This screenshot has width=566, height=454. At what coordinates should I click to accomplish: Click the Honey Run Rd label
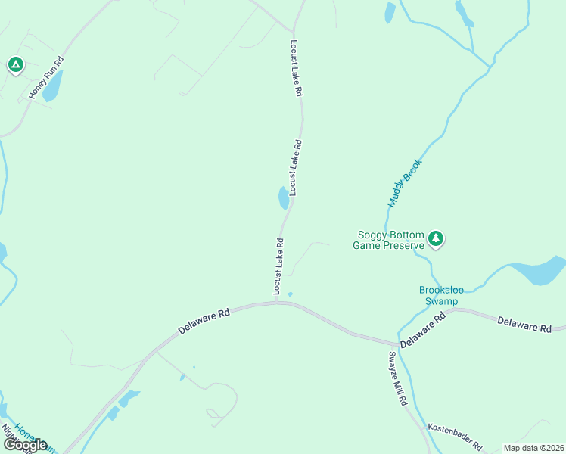[46, 79]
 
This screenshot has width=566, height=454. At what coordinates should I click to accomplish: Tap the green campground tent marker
[15, 65]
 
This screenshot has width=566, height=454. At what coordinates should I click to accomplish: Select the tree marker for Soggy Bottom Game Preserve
[436, 239]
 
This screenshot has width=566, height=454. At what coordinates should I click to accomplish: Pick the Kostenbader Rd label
[455, 437]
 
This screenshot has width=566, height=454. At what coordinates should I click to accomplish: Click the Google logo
[25, 444]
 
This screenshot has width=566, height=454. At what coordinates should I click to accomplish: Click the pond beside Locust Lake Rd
[283, 198]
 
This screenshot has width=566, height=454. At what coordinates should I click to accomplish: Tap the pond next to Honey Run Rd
[52, 86]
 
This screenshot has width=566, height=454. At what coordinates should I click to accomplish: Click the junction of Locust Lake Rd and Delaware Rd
[277, 302]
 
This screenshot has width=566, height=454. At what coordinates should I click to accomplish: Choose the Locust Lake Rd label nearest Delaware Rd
[278, 267]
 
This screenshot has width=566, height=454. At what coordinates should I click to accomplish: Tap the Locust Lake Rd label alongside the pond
[295, 167]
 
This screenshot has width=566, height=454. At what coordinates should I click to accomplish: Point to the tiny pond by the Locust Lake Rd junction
[291, 294]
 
